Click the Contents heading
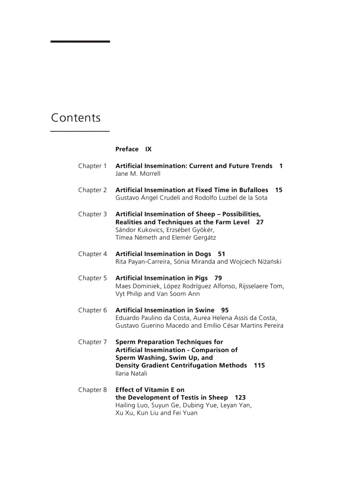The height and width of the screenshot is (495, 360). click(x=76, y=118)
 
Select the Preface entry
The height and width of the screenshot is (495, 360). click(x=127, y=149)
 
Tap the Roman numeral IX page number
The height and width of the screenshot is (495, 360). click(x=149, y=149)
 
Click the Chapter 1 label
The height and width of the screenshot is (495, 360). click(x=93, y=166)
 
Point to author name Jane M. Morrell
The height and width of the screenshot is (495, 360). click(x=138, y=174)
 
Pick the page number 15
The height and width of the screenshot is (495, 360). click(x=279, y=190)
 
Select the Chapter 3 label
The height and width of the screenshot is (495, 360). click(x=93, y=214)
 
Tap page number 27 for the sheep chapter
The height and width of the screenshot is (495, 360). click(x=260, y=222)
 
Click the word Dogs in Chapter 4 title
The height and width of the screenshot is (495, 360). click(x=203, y=254)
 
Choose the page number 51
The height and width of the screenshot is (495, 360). click(x=221, y=254)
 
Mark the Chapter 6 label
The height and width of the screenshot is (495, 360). click(x=93, y=310)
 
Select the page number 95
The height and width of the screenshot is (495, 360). click(x=225, y=310)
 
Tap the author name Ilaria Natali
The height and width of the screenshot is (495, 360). click(x=131, y=374)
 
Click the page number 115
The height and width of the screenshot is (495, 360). click(x=259, y=365)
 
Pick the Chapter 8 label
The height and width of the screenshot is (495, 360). click(x=93, y=390)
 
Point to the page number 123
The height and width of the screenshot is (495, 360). click(x=240, y=398)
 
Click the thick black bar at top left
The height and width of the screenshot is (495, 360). click(x=80, y=41)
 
